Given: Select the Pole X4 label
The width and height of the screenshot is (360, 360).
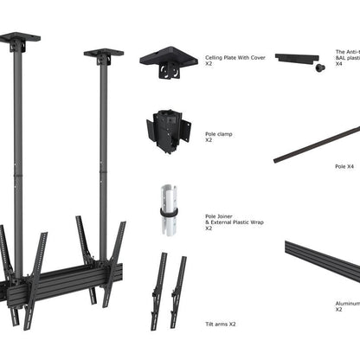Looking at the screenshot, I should point(344,165).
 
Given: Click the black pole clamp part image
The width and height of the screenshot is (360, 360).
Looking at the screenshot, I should point(167,128).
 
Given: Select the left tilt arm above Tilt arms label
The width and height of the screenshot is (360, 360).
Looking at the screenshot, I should point(159,291).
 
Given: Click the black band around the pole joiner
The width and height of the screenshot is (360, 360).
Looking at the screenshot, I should point(166,211).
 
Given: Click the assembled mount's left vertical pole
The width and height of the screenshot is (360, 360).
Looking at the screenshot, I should point(16,156).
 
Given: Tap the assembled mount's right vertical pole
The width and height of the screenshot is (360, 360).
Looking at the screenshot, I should point(104,156).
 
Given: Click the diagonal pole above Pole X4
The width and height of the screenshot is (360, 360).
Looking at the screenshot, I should point(316,144).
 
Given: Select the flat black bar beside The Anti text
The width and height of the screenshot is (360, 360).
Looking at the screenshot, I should point(297,58).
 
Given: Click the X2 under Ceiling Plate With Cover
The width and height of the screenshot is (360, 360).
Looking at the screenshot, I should point(209,64).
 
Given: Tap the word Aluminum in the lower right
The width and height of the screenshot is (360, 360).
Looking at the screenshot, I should point(347,304).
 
